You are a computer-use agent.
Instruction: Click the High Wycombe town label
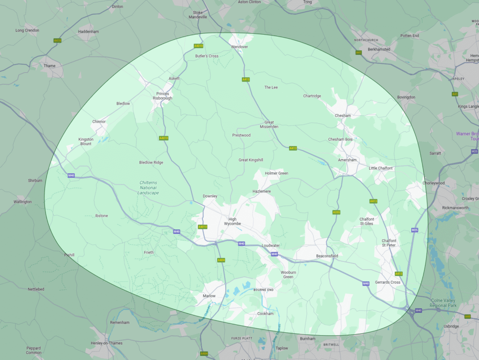tap(232, 221)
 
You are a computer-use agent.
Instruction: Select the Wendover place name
tap(239, 47)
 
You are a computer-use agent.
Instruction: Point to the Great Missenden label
tap(269, 125)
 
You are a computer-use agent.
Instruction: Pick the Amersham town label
tap(347, 160)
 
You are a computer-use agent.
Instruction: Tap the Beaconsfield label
tap(327, 256)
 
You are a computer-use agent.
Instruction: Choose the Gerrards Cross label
tap(388, 282)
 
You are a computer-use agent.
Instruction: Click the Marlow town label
tap(209, 296)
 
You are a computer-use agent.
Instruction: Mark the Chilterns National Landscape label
tap(149, 188)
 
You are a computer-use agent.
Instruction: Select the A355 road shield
tap(336, 213)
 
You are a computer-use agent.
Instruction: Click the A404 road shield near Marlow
tap(221, 260)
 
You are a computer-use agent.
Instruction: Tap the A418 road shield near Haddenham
tap(58, 40)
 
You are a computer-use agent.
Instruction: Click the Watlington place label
tap(22, 202)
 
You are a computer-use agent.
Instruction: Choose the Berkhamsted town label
tap(379, 49)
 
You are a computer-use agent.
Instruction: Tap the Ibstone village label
tap(102, 216)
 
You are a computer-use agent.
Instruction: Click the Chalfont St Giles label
tap(366, 221)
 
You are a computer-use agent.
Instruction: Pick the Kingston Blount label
tap(86, 141)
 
